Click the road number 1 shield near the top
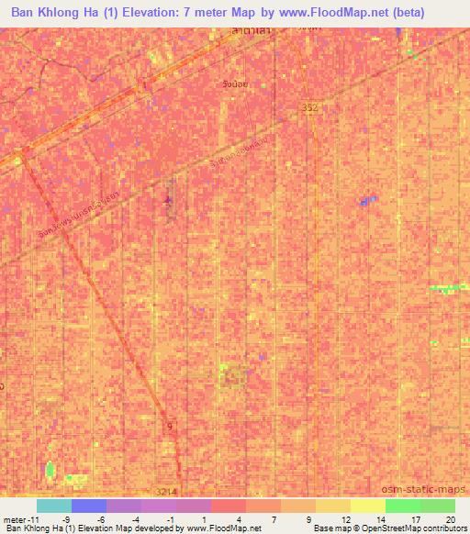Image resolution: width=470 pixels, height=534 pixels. (x=143, y=85)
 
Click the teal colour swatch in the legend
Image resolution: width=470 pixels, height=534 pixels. (x=53, y=506)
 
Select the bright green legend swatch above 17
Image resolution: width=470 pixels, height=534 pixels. (x=402, y=506)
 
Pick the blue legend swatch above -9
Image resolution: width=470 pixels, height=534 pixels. (x=88, y=506)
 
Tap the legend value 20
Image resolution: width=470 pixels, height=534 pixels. (x=450, y=518)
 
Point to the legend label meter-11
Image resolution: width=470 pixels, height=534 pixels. (x=19, y=518)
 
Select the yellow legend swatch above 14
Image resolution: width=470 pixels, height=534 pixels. (x=367, y=506)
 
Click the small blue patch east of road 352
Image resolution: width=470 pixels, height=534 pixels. (x=369, y=200)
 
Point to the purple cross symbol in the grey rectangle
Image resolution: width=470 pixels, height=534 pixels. (x=167, y=200)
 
